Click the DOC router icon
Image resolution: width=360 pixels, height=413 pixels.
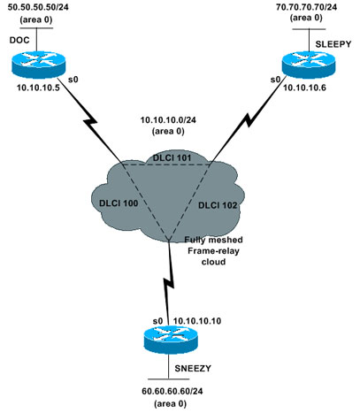38,65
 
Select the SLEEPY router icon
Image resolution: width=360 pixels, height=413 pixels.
309,65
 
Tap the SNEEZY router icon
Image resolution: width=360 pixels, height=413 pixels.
171,340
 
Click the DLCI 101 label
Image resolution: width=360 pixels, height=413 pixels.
172,157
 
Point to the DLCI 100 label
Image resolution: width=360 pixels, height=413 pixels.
119,203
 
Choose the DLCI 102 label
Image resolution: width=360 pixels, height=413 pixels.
218,205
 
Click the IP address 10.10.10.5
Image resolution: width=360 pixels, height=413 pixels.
38,88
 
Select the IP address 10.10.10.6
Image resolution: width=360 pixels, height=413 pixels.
304,88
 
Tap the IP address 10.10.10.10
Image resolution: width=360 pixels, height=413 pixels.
197,321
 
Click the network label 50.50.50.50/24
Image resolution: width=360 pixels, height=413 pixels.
38,7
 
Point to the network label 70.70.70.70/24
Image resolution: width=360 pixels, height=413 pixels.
307,7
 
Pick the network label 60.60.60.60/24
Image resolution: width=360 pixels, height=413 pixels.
172,391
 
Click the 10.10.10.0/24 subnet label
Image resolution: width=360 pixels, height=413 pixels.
168,120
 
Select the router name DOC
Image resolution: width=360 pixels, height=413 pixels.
19,40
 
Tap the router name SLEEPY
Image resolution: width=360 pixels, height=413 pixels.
333,44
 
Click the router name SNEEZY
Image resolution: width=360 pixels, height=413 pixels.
193,368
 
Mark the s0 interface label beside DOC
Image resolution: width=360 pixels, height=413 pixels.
73,80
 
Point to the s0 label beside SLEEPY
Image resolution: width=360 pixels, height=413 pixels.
275,80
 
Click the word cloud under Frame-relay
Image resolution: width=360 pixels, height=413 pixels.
213,262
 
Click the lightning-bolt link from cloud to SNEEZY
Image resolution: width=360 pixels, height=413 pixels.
169,284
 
